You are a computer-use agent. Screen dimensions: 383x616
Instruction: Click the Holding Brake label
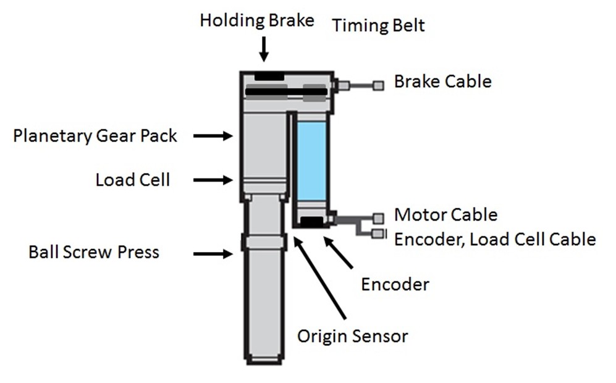[256, 20]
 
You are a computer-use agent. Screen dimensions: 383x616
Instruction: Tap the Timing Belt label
[378, 26]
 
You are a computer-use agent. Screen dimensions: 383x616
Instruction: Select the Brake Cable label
[442, 81]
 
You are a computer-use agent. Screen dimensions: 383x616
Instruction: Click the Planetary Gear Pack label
[95, 136]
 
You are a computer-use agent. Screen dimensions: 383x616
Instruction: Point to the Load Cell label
[132, 180]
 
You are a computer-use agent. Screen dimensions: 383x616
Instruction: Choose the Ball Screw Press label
[94, 252]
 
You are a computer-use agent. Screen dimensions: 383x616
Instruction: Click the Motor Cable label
[445, 215]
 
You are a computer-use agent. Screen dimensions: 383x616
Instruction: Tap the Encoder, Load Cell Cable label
[495, 239]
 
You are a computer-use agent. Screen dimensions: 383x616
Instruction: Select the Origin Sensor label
[352, 337]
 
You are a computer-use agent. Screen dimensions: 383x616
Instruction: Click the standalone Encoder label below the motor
[395, 284]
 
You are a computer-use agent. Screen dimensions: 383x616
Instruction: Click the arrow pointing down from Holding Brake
[264, 49]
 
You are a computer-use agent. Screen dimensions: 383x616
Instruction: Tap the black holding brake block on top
[269, 76]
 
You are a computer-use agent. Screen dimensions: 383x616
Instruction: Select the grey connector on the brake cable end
[378, 85]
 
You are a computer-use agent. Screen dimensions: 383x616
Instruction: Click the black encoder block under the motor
[311, 221]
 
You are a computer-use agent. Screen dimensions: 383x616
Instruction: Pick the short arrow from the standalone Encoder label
[339, 253]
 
